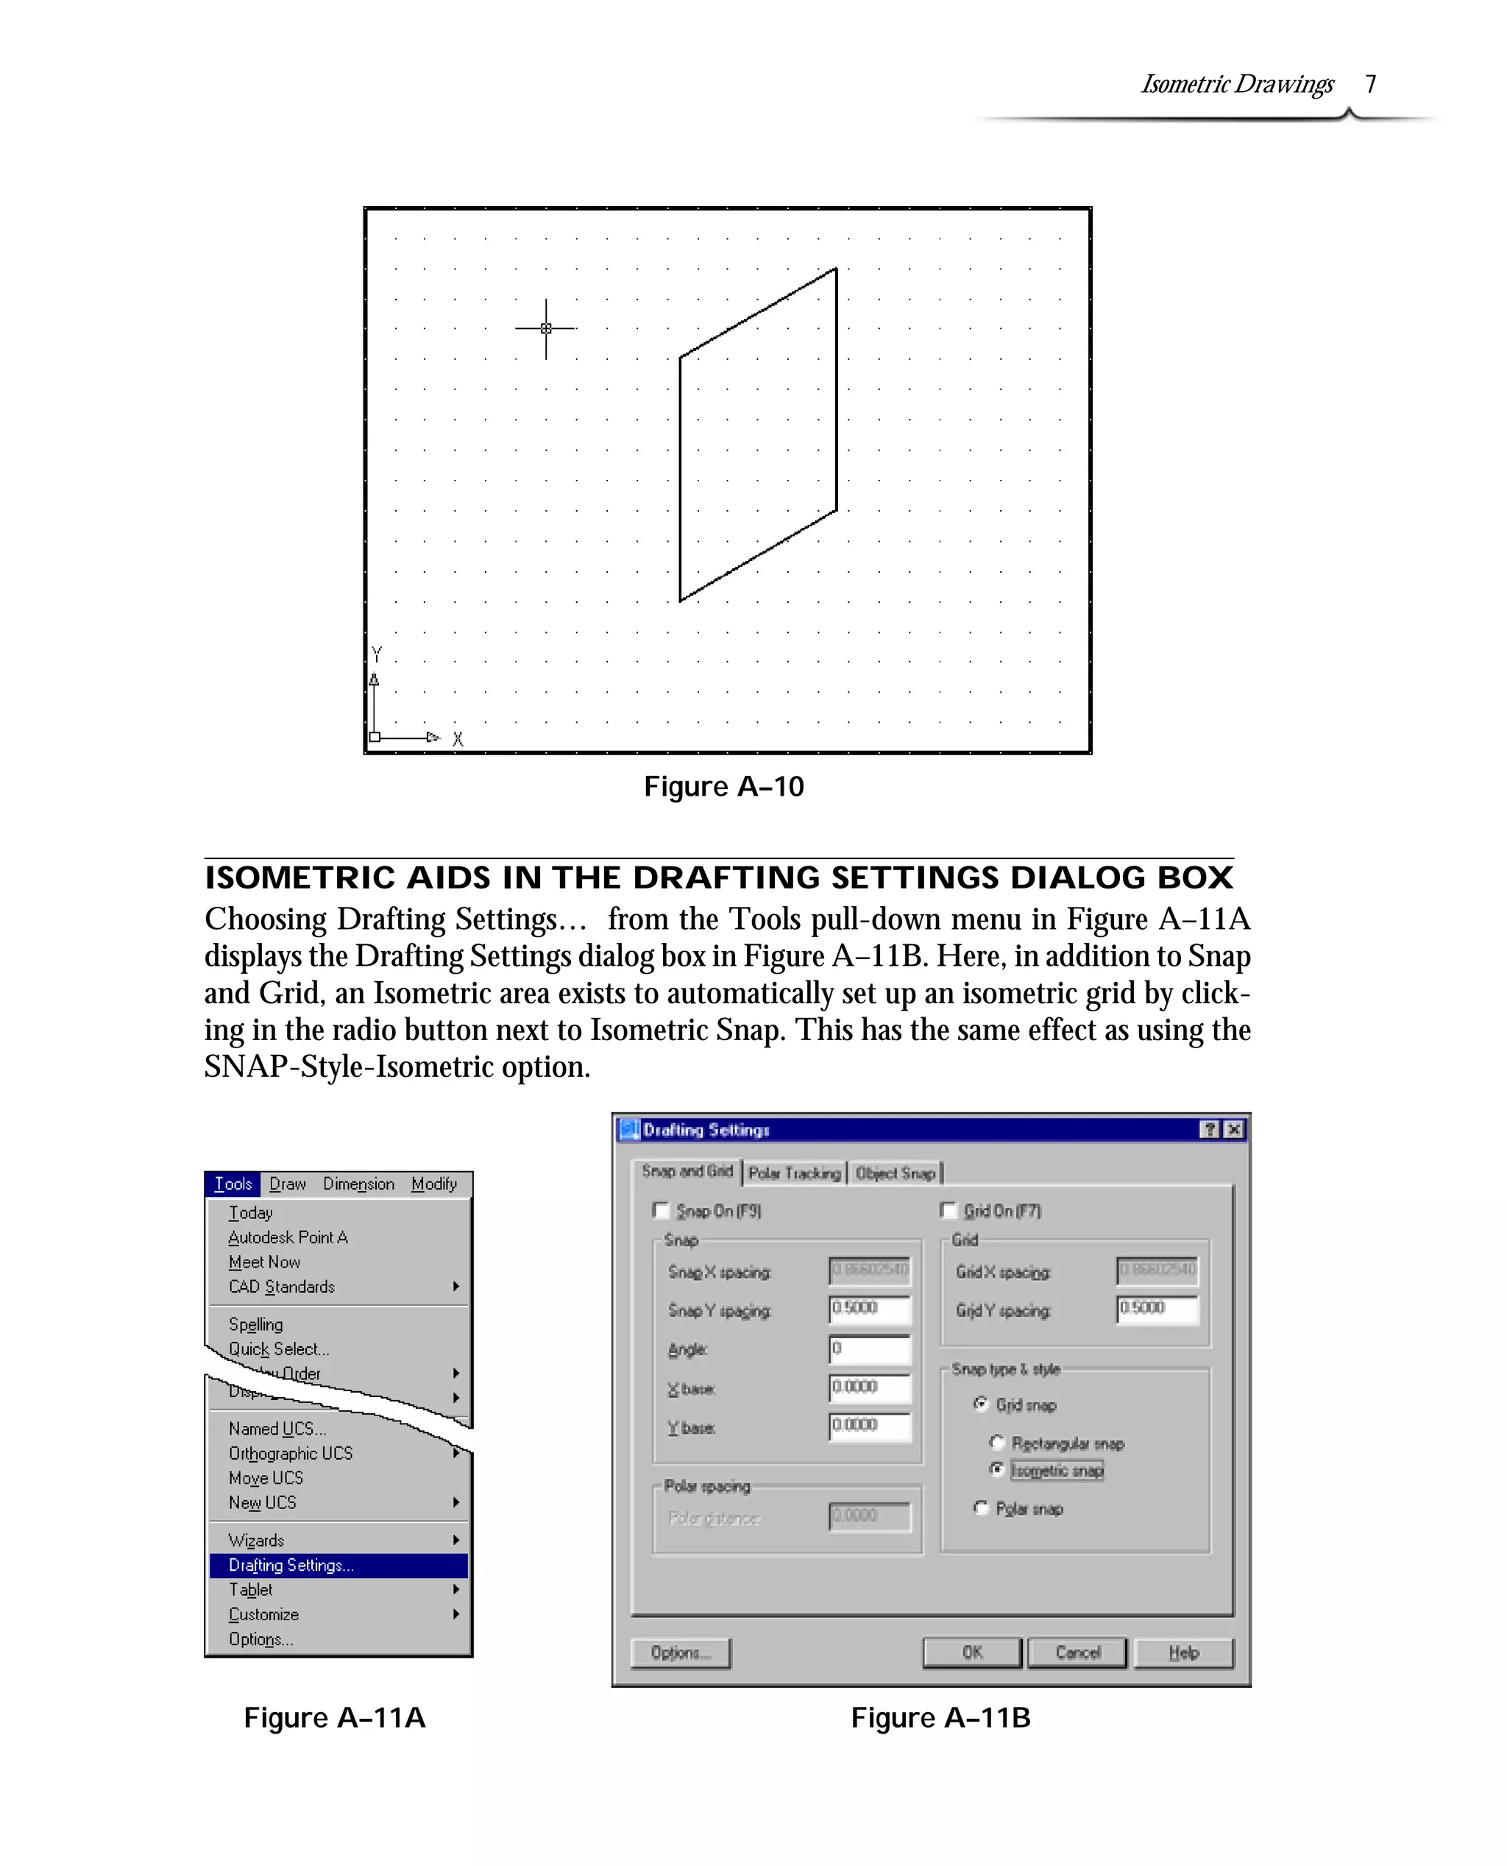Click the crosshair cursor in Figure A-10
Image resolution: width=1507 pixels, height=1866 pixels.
coord(546,328)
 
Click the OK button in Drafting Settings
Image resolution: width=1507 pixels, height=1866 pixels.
coord(971,1653)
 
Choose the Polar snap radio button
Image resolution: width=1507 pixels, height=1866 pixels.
coord(981,1508)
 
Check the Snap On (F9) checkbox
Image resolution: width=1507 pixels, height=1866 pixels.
coord(662,1210)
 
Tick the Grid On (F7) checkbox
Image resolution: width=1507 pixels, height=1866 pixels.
coord(948,1210)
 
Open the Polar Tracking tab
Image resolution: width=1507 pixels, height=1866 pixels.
coord(794,1173)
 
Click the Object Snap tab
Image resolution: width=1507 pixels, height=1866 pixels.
coord(895,1173)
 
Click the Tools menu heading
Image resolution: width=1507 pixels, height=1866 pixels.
coord(233,1184)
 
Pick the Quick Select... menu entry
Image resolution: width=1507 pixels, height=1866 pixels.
coord(279,1349)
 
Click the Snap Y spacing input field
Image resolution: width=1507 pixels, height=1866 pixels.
coord(869,1309)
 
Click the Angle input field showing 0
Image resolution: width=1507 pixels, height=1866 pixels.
coord(869,1349)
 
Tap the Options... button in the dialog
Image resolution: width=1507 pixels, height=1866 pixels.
coord(681,1653)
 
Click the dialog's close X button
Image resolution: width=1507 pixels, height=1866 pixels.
coord(1233,1129)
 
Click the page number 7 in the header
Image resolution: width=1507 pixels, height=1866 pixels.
coord(1371,84)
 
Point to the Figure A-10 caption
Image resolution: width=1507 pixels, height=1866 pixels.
coord(723,786)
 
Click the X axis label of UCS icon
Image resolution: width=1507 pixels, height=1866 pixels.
coord(458,739)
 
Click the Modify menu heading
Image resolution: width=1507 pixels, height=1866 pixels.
coord(433,1184)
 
